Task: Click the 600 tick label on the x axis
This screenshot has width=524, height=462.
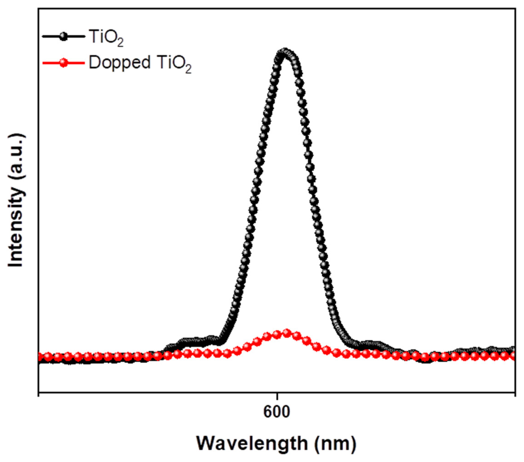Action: tap(277, 412)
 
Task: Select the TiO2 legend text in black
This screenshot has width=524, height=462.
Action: tap(106, 38)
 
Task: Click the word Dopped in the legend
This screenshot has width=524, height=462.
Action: tap(119, 63)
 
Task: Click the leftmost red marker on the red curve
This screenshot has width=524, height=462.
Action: tap(41, 357)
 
